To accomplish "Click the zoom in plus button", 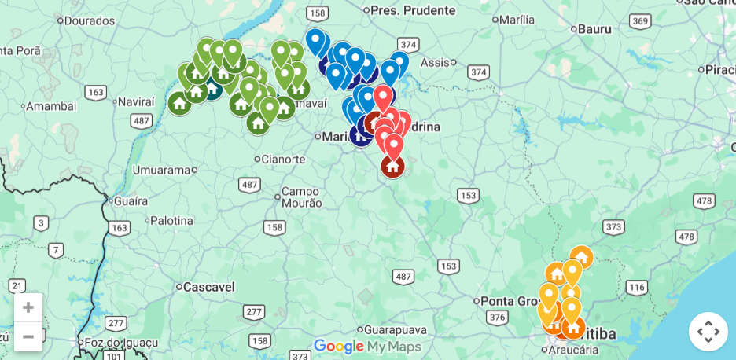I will [28, 307].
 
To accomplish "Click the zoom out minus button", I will [28, 336].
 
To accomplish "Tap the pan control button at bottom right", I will [708, 331].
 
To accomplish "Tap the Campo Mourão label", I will [301, 197].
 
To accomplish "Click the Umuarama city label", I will [161, 170].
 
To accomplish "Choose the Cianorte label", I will [282, 160].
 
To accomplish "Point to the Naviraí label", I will [136, 101].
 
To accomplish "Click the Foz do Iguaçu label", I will [121, 343].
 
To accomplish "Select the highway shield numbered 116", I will [636, 287].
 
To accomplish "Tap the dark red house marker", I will [392, 167].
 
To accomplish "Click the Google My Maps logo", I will [367, 346].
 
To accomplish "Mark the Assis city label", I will [435, 62].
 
